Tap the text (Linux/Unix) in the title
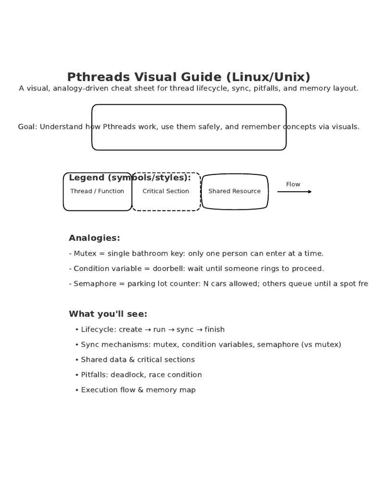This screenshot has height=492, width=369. pyautogui.click(x=268, y=77)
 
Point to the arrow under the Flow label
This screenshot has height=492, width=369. pyautogui.click(x=294, y=192)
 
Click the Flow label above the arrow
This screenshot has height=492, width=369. pyautogui.click(x=293, y=184)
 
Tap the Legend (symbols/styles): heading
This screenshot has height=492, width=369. pyautogui.click(x=130, y=178)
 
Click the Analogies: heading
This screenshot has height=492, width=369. pyautogui.click(x=94, y=238)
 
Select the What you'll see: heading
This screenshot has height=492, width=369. pyautogui.click(x=108, y=314)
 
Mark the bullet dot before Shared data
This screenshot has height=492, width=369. pyautogui.click(x=77, y=360)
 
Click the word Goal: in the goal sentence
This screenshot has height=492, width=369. pyautogui.click(x=27, y=127)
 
